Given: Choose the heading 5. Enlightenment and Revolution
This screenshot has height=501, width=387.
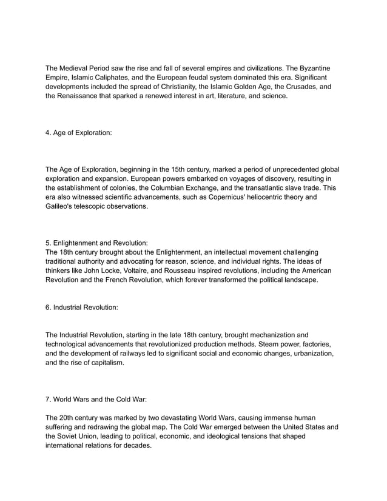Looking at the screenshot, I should (97, 243).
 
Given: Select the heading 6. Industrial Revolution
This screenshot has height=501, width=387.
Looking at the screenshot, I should (82, 308).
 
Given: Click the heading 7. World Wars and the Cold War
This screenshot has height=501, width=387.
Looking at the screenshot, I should (99, 399).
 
